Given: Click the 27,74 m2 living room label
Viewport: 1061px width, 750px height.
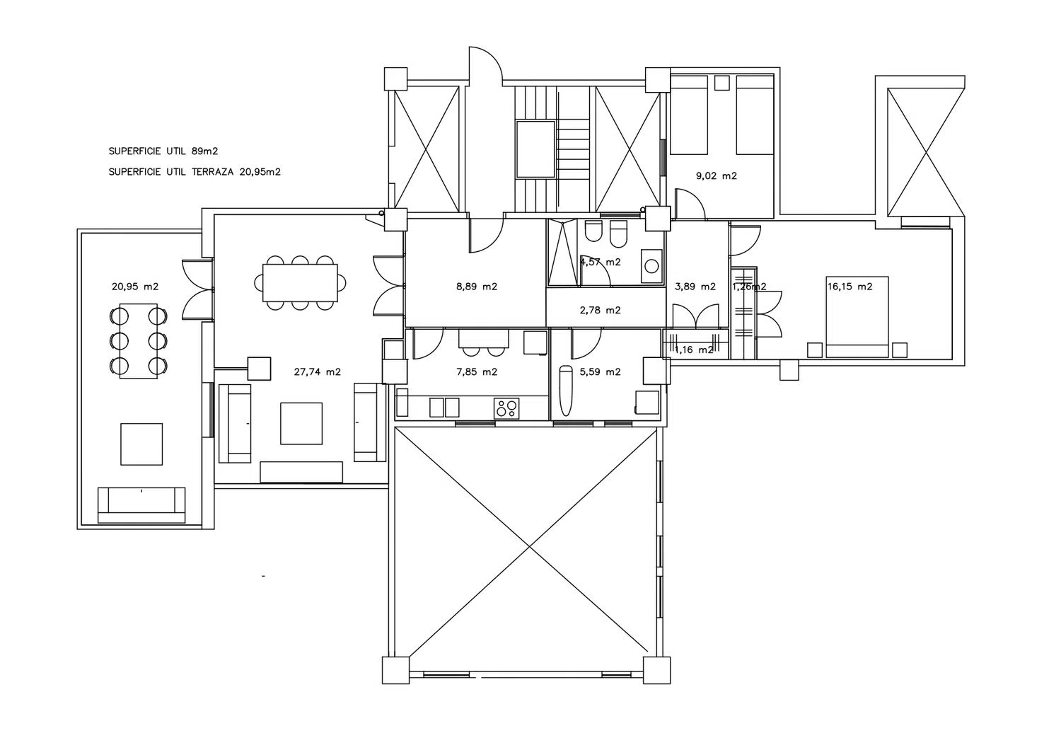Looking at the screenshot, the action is (x=318, y=372).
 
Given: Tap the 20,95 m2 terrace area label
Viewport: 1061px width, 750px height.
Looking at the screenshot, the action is (x=135, y=287).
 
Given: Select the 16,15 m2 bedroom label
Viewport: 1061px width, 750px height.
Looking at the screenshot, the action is (x=850, y=287).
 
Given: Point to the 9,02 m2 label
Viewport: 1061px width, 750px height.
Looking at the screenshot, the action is (x=716, y=175).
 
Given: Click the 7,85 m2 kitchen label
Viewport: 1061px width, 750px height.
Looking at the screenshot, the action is (x=477, y=372).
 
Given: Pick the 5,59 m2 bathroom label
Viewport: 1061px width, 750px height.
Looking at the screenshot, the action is (x=600, y=372).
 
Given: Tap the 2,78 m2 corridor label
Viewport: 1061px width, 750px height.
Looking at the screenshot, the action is (x=600, y=311).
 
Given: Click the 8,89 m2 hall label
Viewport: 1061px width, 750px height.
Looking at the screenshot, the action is (x=477, y=287).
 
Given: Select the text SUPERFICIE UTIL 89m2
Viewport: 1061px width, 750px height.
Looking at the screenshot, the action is (x=163, y=151).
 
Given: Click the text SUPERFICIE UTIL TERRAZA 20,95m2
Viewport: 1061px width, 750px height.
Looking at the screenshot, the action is (x=195, y=171).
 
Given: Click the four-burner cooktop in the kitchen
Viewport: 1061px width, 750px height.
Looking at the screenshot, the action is (x=506, y=408).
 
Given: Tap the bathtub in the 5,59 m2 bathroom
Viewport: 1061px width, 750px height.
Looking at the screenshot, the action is (x=566, y=391).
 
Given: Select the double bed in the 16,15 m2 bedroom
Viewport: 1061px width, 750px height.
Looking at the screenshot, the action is (x=857, y=317).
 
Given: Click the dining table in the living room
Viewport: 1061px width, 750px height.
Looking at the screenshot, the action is (x=301, y=283).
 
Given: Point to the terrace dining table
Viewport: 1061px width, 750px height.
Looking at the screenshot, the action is (x=139, y=341).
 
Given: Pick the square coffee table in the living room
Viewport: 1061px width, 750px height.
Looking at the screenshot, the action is (x=301, y=424).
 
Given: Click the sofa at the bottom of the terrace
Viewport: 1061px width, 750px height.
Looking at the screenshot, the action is (x=141, y=505).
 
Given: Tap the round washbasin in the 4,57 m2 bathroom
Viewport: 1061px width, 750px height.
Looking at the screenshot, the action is (x=651, y=266).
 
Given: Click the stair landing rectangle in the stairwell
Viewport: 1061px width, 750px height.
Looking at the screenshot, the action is (x=535, y=149).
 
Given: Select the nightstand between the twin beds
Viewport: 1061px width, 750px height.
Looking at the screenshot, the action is (x=722, y=83).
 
